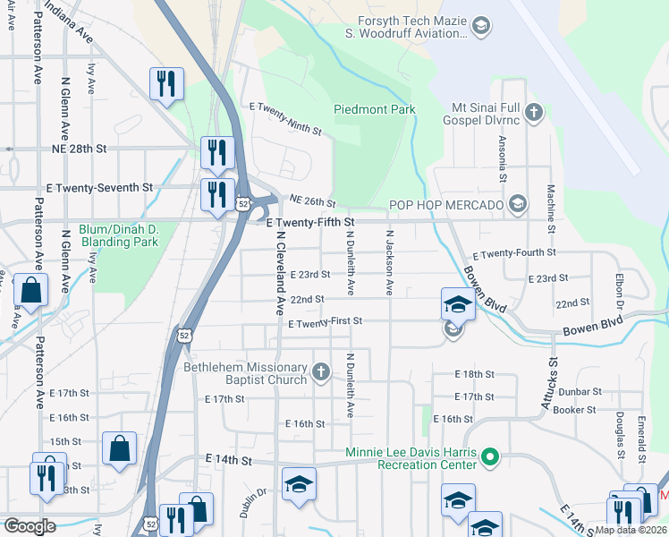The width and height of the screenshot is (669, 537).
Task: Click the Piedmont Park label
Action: click(375, 110)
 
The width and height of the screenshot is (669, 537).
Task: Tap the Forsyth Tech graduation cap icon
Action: click(481, 26)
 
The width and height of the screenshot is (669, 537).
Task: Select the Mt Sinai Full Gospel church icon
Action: click(534, 113)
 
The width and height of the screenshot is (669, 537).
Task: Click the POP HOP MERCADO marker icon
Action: click(517, 206)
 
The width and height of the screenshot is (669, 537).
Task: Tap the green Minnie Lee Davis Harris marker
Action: click(489, 458)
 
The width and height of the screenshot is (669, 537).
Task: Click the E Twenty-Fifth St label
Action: click(311, 221)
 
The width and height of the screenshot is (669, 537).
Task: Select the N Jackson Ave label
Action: click(389, 262)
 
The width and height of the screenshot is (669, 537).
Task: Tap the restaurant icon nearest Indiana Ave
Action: click(166, 84)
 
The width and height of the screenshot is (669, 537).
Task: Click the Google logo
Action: click(30, 526)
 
